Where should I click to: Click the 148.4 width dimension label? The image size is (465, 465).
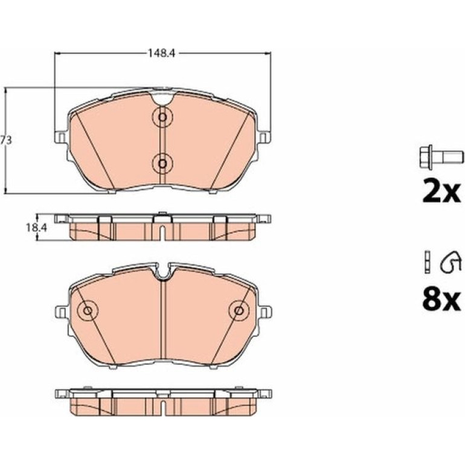pyautogui.click(x=162, y=53)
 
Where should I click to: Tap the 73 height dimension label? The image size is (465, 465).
pyautogui.click(x=5, y=140)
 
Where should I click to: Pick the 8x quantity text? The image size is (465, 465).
pyautogui.click(x=441, y=300)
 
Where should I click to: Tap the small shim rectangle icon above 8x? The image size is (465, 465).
pyautogui.click(x=428, y=263)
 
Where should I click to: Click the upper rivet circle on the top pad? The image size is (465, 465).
pyautogui.click(x=162, y=117)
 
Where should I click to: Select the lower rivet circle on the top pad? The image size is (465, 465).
pyautogui.click(x=162, y=163)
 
